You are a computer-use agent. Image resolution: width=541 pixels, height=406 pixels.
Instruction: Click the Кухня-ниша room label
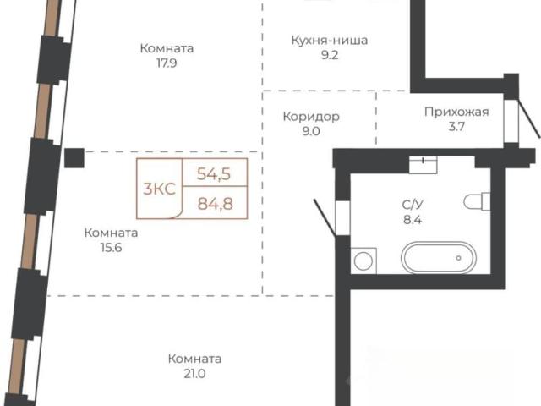(330, 41)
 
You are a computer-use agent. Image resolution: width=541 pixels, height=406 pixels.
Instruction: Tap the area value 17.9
(167, 63)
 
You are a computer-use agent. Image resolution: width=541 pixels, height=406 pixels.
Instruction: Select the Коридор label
(311, 117)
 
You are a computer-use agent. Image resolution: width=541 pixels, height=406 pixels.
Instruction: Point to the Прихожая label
(456, 112)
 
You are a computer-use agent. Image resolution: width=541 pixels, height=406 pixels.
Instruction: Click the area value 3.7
(456, 127)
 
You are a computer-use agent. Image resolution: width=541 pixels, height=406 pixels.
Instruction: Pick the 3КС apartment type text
(160, 189)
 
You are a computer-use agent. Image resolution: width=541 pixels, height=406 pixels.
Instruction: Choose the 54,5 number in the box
(214, 173)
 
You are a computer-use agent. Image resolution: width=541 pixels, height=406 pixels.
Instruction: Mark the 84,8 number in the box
(216, 204)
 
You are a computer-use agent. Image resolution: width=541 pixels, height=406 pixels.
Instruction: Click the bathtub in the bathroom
(439, 257)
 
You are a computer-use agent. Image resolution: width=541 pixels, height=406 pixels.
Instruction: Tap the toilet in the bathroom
(477, 201)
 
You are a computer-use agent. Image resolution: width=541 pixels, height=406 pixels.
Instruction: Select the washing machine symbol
(363, 261)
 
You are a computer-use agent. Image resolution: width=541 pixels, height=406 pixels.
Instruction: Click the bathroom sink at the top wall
(423, 165)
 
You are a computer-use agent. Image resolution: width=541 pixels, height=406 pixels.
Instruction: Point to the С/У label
(413, 205)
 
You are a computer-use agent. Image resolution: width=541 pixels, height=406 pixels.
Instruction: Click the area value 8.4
(413, 220)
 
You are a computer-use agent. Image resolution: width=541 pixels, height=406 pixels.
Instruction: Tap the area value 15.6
(111, 248)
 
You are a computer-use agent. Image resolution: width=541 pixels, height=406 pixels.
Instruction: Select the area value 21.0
(194, 374)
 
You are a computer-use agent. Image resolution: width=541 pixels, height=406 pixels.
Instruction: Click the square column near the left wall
(74, 158)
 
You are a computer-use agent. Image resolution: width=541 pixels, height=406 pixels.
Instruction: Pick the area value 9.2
(330, 55)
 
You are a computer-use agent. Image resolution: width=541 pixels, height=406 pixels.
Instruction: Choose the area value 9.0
(311, 132)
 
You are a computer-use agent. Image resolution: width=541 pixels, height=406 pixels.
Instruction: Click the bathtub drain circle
(458, 258)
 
